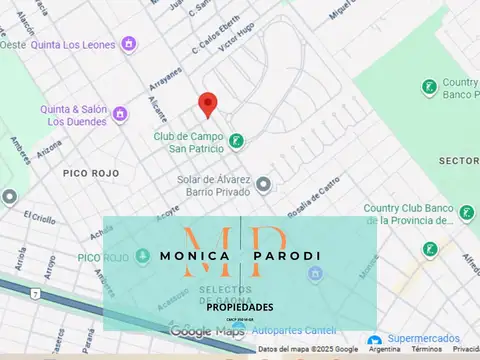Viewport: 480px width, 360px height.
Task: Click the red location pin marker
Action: point(207,104)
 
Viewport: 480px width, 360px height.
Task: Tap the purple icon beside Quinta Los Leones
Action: point(128,43)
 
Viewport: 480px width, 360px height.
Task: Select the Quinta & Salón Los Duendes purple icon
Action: point(120,114)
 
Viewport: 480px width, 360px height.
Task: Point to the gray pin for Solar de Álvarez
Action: point(263,184)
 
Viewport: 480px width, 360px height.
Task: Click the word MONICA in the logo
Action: point(195,256)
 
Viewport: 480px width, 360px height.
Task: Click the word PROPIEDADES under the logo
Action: point(240,307)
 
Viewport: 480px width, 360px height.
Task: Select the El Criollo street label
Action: point(41,217)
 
